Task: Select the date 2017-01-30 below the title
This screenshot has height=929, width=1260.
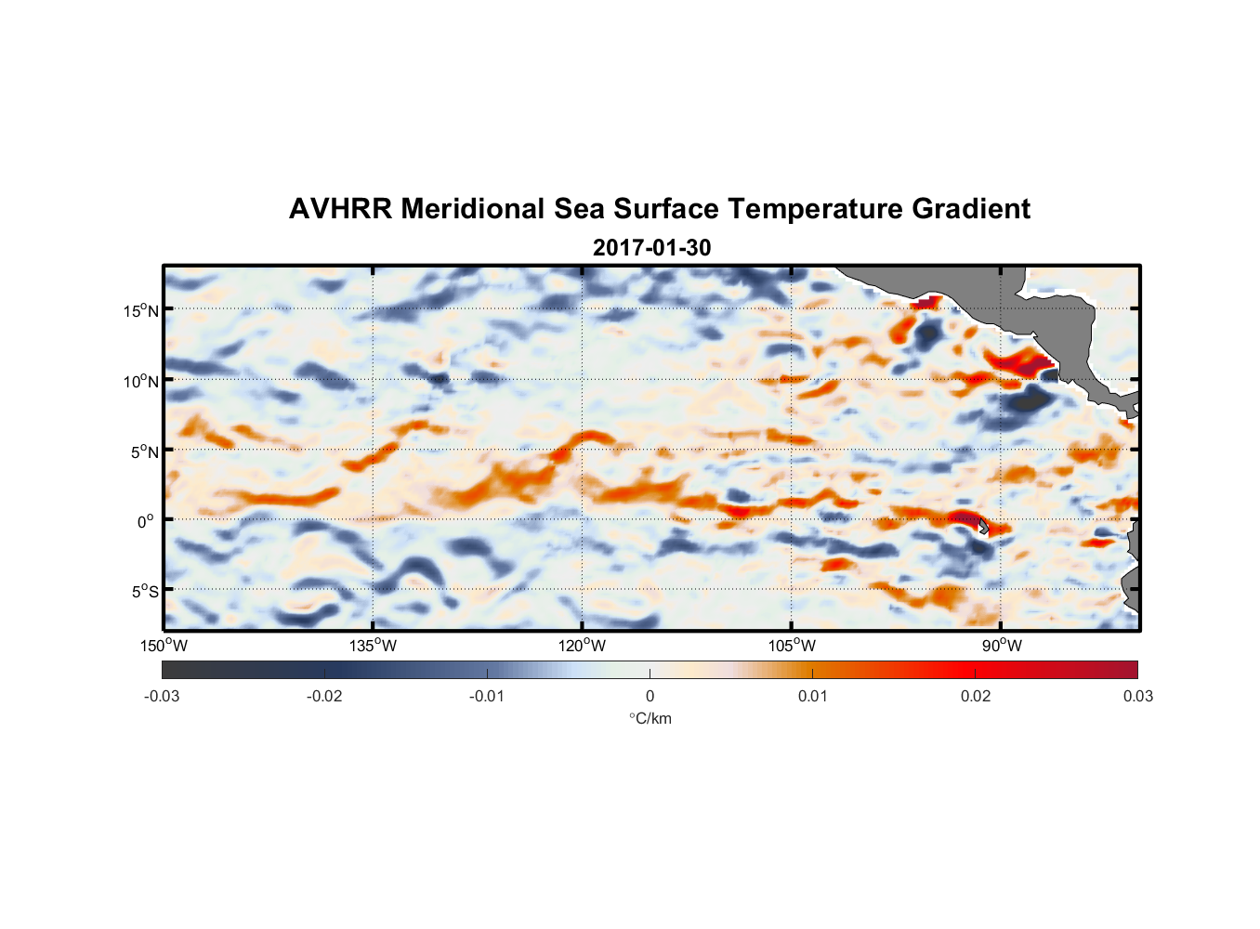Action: click(651, 248)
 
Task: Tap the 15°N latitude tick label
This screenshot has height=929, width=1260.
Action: click(140, 310)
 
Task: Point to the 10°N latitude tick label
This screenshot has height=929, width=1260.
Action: click(140, 381)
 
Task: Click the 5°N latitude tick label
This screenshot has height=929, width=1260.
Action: click(144, 451)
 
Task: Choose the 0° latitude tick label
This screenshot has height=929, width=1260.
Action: click(145, 521)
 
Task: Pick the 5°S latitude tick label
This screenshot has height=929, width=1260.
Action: click(144, 592)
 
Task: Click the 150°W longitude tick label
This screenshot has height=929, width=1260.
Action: click(164, 646)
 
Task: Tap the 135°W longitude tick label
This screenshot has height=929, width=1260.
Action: click(373, 646)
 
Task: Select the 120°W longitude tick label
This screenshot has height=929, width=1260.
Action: click(582, 646)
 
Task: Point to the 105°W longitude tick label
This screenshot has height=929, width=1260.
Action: click(792, 646)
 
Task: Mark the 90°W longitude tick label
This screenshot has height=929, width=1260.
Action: click(1001, 646)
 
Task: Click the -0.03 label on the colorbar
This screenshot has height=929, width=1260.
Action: click(162, 697)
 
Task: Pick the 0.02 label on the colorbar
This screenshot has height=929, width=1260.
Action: click(976, 697)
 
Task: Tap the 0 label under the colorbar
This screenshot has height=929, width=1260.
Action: click(650, 697)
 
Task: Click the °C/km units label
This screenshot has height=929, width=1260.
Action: click(650, 718)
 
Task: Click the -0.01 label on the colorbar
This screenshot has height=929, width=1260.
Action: click(487, 697)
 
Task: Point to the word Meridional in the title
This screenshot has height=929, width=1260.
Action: click(472, 209)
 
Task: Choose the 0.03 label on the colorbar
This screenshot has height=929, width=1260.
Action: click(1137, 697)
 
